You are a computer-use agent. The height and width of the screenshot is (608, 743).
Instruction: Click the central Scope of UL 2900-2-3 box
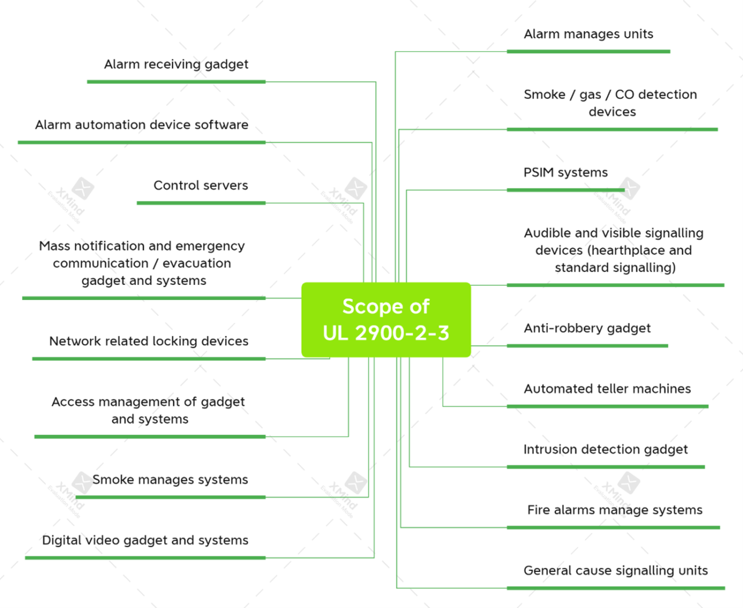coord(386,320)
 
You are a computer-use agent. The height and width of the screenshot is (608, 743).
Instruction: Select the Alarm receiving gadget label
coord(176,64)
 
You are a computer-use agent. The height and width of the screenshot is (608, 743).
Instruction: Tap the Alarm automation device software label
coord(142,125)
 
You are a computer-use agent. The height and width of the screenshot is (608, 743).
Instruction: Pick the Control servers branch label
coord(200,186)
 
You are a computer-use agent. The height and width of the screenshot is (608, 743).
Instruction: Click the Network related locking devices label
coord(149,341)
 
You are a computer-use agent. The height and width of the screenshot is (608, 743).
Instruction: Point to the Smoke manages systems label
coord(170,480)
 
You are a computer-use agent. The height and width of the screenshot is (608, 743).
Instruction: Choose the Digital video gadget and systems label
coord(145,540)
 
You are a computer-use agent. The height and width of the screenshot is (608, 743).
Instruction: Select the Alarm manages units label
coord(588,34)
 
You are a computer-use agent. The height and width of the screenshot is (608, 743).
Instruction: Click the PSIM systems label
coord(565,172)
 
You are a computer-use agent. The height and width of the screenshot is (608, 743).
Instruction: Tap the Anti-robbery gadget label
coord(587,328)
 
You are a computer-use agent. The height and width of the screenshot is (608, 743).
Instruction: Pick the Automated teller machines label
coord(607,389)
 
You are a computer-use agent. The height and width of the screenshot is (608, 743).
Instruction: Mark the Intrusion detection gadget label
coord(605,450)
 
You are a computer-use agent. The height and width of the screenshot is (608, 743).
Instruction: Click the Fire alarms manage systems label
coord(615,510)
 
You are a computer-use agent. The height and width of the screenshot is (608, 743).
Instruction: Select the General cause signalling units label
coord(615,571)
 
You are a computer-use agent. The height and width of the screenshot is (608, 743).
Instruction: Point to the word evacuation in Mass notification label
coord(196,263)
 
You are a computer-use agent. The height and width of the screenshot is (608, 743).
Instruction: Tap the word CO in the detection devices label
coord(624,95)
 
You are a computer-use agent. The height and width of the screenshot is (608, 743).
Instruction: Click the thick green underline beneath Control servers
coord(201,203)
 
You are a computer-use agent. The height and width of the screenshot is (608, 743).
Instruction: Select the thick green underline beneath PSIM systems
coord(565,190)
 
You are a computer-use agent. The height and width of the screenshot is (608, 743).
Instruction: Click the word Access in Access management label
coord(73,402)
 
